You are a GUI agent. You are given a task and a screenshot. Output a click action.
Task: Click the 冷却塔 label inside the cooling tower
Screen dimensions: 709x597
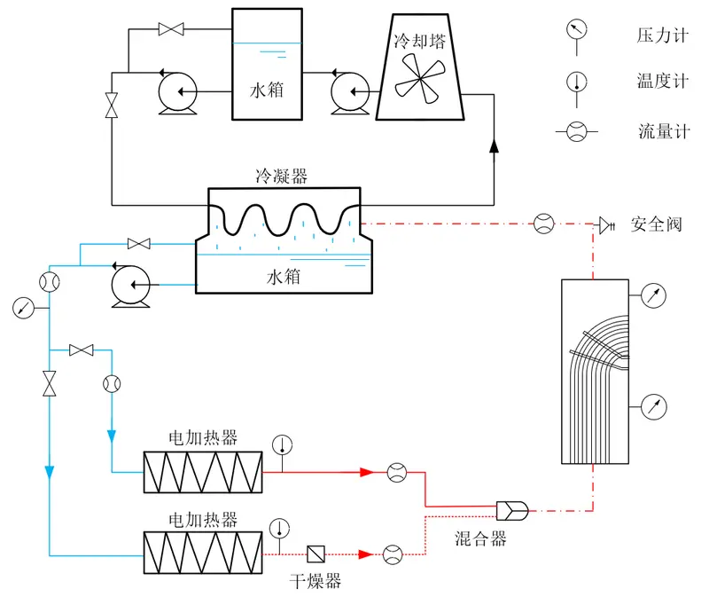click(419, 41)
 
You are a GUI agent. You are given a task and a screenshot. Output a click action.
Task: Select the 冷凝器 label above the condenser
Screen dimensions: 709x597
click(281, 176)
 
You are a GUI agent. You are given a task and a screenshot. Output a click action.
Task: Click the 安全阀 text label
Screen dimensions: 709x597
click(657, 224)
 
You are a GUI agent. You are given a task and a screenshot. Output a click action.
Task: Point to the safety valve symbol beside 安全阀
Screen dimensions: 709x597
click(607, 225)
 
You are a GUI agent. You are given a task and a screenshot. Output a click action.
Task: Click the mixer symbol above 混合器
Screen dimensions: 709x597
click(512, 511)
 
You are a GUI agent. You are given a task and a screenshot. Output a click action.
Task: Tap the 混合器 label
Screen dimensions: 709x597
click(480, 538)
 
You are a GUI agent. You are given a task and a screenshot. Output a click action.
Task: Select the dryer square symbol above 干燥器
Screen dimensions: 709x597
click(316, 554)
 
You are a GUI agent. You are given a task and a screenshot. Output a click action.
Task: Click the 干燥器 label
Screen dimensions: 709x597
click(316, 581)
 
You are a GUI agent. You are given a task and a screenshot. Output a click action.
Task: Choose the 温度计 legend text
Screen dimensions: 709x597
click(663, 82)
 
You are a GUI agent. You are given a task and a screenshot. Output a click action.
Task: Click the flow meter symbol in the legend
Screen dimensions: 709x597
click(577, 131)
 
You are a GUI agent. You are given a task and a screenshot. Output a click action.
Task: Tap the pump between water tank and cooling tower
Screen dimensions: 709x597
click(350, 92)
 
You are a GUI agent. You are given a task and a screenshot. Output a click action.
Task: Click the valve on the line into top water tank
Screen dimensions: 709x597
click(171, 29)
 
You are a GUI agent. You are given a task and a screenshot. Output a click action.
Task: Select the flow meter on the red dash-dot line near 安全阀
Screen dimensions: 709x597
click(544, 224)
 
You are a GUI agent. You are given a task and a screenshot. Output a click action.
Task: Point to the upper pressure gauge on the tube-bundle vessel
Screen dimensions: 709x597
click(653, 295)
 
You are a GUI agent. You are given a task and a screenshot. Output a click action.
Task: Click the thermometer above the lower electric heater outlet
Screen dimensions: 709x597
click(279, 529)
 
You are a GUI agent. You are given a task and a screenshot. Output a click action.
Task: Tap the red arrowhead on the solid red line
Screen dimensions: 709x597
click(366, 472)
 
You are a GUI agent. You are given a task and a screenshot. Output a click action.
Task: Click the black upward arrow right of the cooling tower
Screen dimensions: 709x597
click(494, 145)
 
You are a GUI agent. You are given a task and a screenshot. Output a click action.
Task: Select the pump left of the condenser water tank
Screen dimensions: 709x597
click(130, 285)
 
